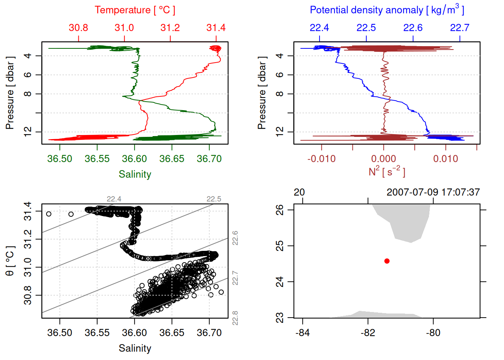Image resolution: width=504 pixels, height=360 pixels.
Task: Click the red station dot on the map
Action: click(387, 261)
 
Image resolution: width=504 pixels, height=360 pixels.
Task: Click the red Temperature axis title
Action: click(135, 10)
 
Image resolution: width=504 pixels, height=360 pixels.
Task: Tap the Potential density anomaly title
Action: click(387, 10)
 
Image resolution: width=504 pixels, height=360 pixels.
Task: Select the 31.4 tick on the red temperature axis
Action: click(216, 28)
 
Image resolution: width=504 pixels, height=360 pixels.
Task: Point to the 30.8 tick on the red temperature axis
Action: click(78, 28)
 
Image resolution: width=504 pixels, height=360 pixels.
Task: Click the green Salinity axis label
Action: click(135, 174)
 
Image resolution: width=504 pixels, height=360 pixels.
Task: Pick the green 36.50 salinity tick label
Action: click(60, 159)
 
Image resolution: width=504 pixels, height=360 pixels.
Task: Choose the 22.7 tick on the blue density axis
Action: click(459, 28)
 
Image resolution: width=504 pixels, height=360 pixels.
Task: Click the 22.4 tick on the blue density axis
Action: click(319, 28)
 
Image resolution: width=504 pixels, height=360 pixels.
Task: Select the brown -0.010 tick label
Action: click(321, 159)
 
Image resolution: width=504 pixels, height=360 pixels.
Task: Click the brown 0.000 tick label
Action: click(383, 159)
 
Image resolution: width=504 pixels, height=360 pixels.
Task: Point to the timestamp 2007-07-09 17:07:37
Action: click(433, 192)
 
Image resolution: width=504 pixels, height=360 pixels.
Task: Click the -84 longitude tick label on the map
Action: click(302, 333)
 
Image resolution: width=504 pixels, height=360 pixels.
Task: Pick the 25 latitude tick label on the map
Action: click(279, 246)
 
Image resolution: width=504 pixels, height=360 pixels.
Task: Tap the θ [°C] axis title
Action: click(10, 261)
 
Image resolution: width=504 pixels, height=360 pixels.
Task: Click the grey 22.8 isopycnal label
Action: click(235, 318)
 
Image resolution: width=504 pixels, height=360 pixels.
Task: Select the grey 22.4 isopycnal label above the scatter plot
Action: click(114, 199)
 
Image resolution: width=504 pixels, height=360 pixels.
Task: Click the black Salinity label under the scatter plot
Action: click(135, 348)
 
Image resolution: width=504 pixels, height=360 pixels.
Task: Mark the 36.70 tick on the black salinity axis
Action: click(209, 333)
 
